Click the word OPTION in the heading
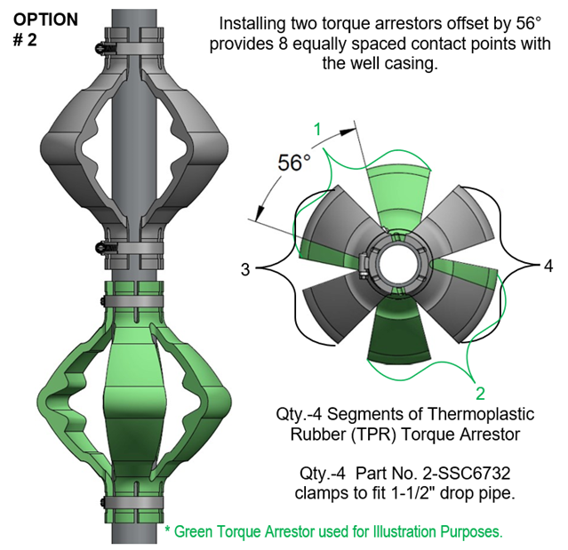coord(45,19)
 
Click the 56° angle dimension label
coord(294,163)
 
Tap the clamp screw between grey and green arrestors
coord(106,246)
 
